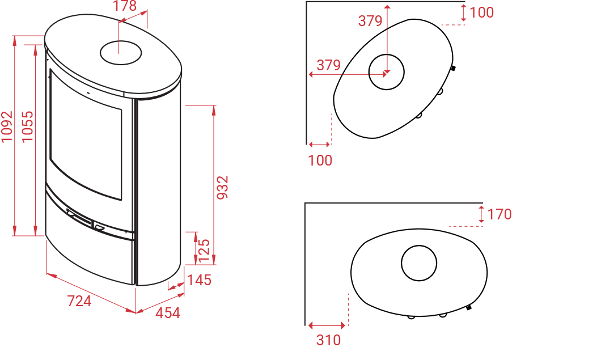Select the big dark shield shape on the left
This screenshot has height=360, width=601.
pos(113,159)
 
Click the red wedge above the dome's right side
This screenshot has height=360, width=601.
pos(482,227)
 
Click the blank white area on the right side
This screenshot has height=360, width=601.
pos(556,170)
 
